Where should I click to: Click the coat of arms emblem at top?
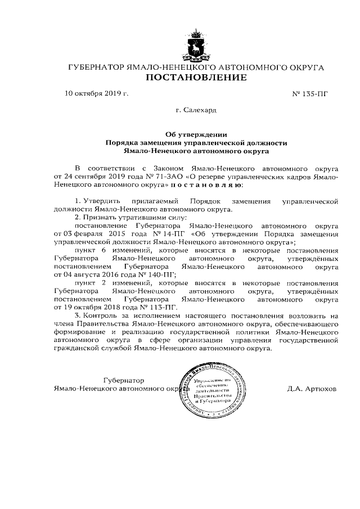click(x=195, y=46)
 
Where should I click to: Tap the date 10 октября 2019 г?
click(x=97, y=93)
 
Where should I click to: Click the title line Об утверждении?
click(x=196, y=134)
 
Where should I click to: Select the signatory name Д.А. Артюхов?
click(x=311, y=389)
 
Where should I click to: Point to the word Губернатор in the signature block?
click(x=124, y=381)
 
